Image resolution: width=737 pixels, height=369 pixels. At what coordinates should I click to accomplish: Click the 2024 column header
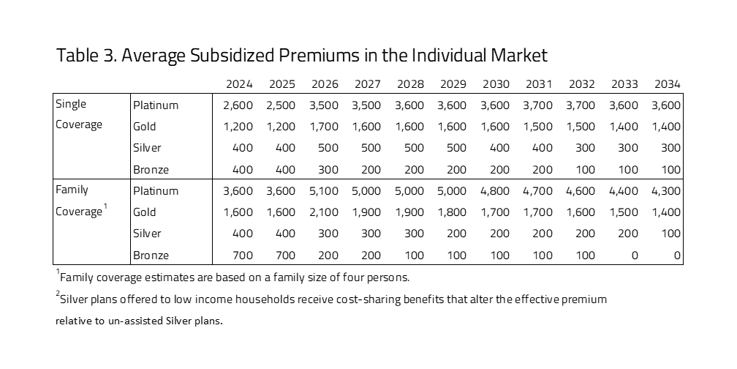click(238, 83)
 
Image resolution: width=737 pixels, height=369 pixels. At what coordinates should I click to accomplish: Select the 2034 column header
click(667, 83)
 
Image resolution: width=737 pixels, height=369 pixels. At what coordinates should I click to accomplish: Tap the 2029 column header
click(453, 83)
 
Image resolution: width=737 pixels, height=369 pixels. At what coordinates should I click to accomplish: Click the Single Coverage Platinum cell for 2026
click(324, 105)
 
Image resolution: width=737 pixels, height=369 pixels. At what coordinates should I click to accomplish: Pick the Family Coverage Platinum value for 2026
click(324, 190)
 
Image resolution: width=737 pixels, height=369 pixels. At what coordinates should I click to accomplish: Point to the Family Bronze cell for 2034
click(676, 256)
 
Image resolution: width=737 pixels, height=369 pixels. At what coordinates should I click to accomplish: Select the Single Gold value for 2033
click(624, 126)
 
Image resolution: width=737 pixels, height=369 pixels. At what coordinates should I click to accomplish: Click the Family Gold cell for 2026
click(324, 212)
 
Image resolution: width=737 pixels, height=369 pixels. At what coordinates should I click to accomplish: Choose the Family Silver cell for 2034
click(672, 234)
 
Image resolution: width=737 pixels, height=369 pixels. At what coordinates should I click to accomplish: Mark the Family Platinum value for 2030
click(495, 190)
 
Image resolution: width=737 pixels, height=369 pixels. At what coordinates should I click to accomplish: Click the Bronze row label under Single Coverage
click(151, 169)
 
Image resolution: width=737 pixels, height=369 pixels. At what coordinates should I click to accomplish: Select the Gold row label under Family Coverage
click(144, 212)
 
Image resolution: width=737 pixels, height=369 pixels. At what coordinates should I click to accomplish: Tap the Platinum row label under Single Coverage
click(155, 105)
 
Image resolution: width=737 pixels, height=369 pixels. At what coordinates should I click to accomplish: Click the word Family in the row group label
click(72, 190)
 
